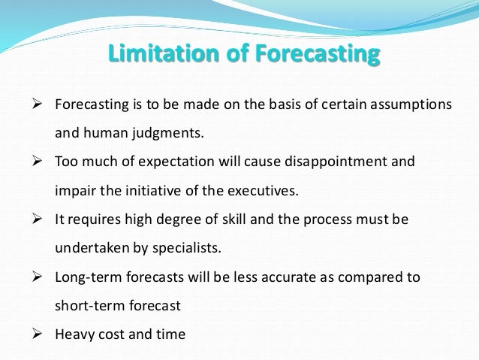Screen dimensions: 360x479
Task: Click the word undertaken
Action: pos(89,248)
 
